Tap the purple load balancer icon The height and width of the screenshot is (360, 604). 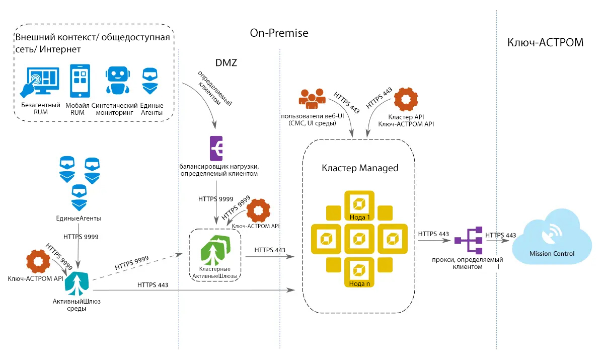[x=217, y=148]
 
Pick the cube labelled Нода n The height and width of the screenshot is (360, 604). [x=359, y=272]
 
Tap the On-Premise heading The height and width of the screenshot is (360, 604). [x=279, y=33]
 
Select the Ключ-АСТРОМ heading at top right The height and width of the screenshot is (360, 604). [x=546, y=42]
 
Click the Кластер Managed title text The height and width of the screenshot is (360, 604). [x=359, y=168]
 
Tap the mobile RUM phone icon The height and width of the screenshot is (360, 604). [x=81, y=81]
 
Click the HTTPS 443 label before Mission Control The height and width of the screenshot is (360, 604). [x=500, y=235]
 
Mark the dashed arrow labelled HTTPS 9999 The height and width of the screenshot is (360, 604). [x=136, y=267]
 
